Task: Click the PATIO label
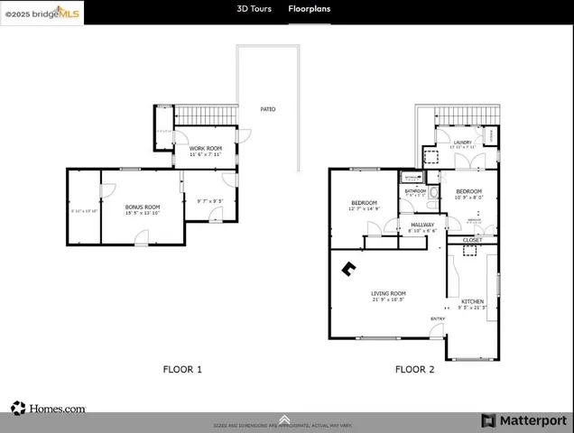(x=268, y=109)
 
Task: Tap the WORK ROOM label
(x=205, y=147)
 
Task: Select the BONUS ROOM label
(x=142, y=207)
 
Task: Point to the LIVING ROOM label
(x=388, y=293)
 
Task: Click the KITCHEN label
(x=473, y=300)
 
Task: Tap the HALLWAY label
(x=422, y=225)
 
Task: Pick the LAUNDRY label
(x=463, y=142)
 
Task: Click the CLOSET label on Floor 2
(x=472, y=240)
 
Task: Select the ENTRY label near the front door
(x=438, y=318)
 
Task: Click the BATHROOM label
(x=415, y=191)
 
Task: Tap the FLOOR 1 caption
(x=182, y=369)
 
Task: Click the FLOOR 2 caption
(x=415, y=369)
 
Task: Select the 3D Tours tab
(x=254, y=9)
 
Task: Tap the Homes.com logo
(x=49, y=409)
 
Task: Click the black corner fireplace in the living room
(x=348, y=267)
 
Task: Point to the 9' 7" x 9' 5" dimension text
(x=209, y=200)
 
